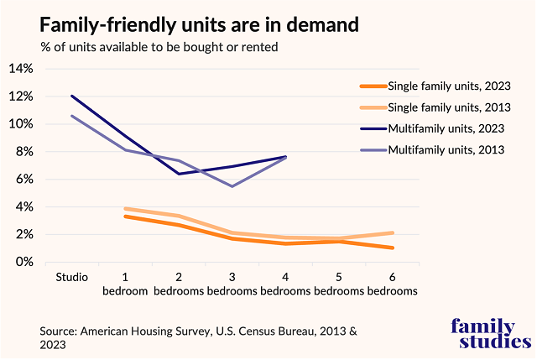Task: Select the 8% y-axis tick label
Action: tap(23, 152)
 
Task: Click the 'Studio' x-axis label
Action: tap(72, 277)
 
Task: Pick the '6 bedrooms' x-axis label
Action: tap(392, 284)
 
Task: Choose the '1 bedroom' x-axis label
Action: tap(125, 284)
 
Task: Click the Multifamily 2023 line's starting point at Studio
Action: tap(72, 96)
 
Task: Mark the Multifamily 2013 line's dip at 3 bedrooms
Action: tap(232, 186)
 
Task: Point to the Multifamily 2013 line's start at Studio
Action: tap(72, 116)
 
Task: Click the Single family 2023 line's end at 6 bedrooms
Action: tap(392, 248)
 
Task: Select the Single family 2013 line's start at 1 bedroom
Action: tap(125, 208)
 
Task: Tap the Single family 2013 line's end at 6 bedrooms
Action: tap(392, 233)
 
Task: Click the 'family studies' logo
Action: tap(490, 332)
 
